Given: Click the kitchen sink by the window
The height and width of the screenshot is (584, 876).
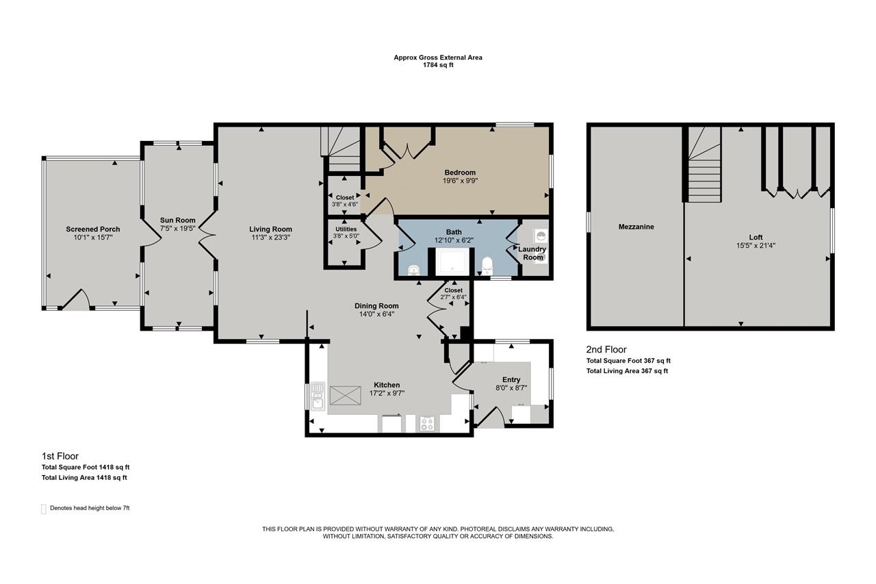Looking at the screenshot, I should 318,396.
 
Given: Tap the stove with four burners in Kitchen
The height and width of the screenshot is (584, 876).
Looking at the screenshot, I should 426,424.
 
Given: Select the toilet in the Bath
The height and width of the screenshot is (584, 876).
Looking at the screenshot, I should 487,265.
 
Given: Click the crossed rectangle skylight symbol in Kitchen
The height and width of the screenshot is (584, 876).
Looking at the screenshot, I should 345,396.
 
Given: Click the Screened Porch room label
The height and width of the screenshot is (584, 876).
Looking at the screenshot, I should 93,229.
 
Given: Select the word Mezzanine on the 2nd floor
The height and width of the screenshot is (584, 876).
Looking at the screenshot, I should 636,227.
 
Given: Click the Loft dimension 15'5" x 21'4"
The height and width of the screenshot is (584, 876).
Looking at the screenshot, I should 756,245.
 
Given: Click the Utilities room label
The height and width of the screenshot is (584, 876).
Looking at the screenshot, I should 345,229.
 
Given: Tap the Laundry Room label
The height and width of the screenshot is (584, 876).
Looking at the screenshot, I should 532,253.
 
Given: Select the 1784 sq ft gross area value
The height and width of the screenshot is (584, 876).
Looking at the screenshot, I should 438,66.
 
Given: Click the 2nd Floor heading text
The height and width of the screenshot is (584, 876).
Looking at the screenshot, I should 606,350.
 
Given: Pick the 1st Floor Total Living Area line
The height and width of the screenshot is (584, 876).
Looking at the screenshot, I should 84,478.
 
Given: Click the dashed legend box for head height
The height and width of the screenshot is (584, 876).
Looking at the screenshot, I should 44,508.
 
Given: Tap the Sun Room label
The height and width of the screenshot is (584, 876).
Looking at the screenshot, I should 173,220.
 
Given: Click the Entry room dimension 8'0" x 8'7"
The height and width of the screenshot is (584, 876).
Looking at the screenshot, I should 511,388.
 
